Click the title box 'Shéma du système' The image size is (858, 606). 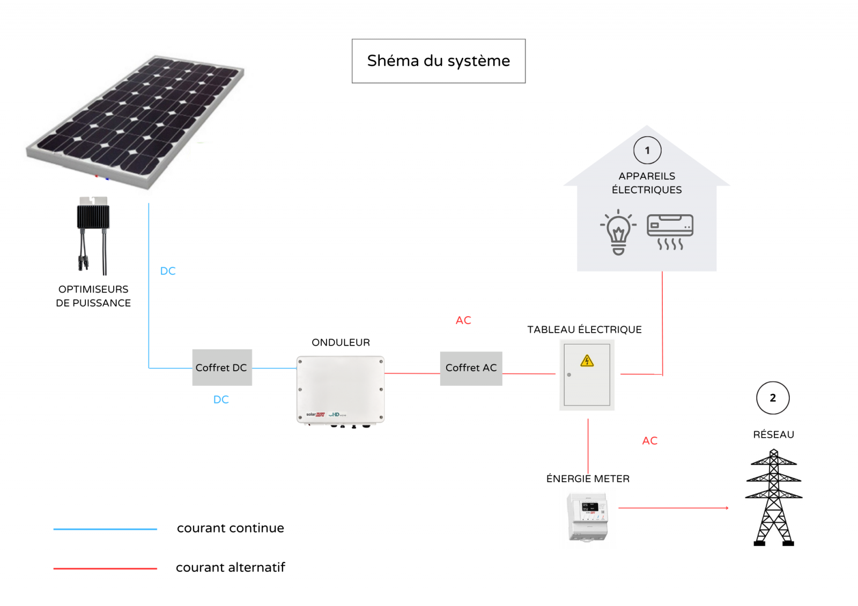(438, 61)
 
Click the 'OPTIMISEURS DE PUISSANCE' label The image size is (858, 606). (93, 296)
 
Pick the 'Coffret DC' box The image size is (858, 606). (221, 368)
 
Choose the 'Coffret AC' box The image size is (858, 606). (471, 368)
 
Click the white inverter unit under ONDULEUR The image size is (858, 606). (341, 390)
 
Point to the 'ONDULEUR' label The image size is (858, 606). (341, 342)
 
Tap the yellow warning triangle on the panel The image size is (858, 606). (587, 361)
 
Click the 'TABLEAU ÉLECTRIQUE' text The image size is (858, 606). (584, 330)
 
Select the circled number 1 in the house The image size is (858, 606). (647, 151)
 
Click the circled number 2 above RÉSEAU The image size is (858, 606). (772, 398)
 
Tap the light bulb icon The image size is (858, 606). (618, 232)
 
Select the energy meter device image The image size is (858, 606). (588, 518)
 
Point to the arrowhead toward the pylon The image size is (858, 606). (727, 508)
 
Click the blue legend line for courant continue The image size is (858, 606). (105, 529)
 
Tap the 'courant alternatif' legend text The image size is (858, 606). (230, 567)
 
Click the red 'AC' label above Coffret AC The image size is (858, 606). (463, 320)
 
